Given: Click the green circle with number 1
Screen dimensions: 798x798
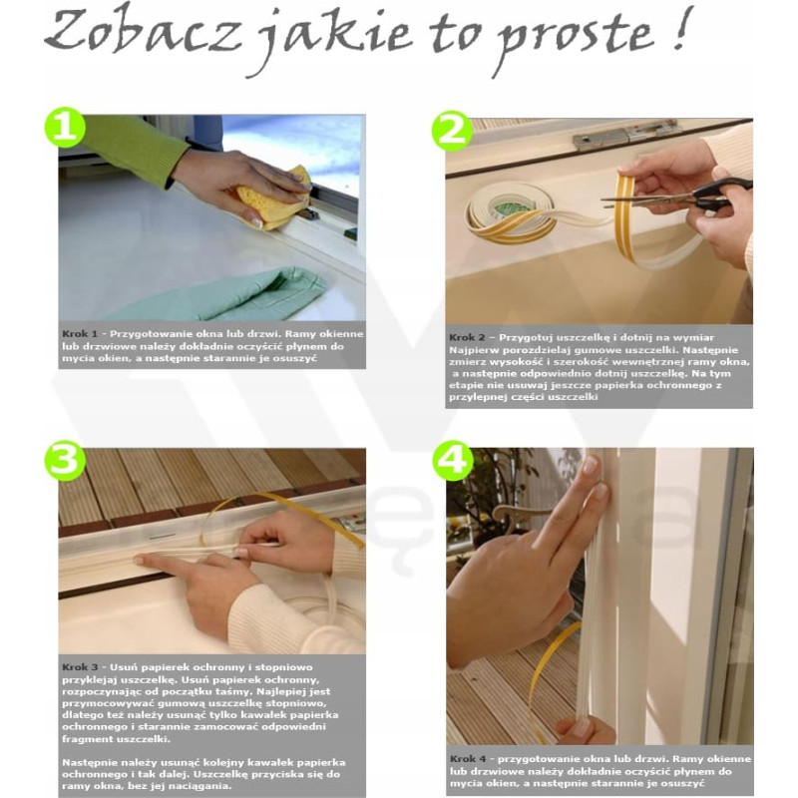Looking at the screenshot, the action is [65, 127].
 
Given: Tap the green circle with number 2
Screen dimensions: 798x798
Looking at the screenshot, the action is [452, 132].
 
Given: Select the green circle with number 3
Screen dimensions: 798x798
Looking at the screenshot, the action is [65, 461].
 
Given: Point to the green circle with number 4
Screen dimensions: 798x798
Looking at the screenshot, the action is [453, 461].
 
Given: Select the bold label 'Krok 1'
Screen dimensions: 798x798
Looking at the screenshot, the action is [80, 334].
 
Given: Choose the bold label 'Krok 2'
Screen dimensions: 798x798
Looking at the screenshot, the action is [467, 337].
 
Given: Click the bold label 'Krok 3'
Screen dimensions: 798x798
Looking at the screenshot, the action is [80, 667].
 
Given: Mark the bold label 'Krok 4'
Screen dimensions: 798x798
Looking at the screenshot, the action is [468, 759].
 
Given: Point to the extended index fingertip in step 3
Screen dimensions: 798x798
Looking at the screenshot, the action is [139, 560].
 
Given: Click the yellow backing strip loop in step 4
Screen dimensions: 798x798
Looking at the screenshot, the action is [547, 682].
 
